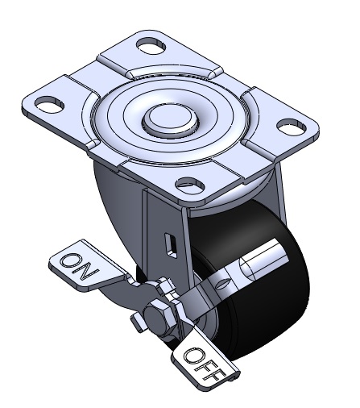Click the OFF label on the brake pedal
[x=205, y=364]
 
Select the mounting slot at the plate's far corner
[x=151, y=45]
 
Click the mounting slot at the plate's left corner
[x=50, y=105]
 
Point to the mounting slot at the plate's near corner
[x=190, y=185]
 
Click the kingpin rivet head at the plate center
[x=171, y=119]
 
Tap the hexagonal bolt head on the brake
[x=159, y=319]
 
